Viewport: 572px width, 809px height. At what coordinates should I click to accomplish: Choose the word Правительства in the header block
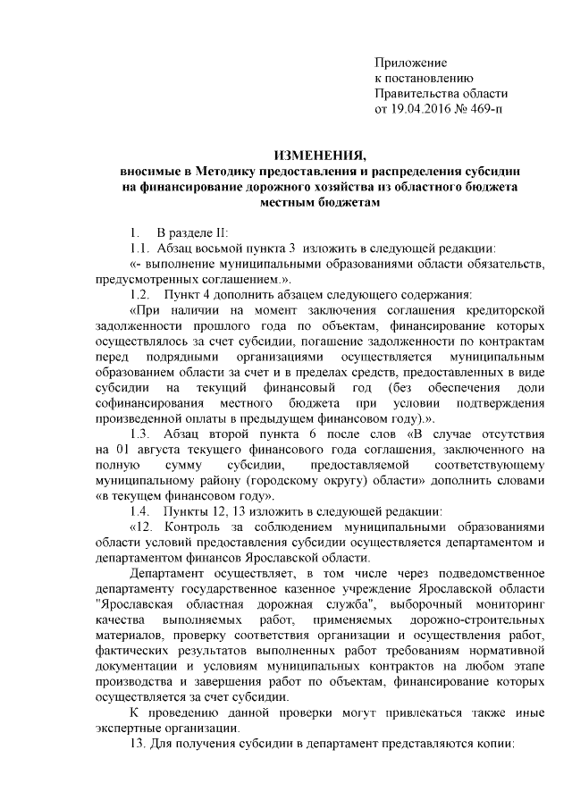(416, 95)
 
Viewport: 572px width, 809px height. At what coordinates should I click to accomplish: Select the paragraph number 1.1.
(139, 248)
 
